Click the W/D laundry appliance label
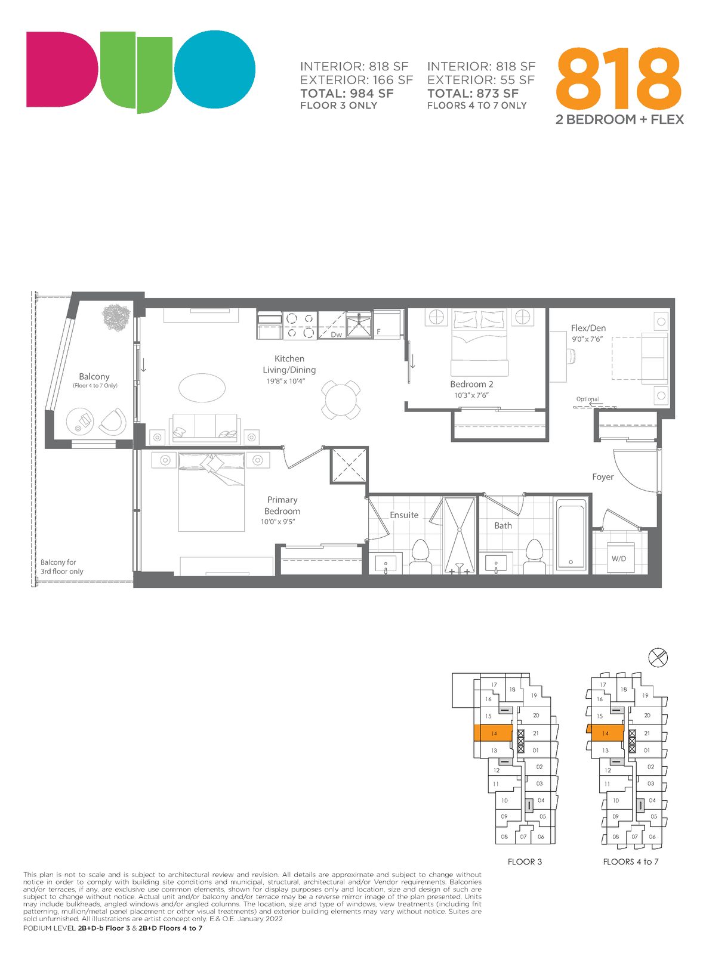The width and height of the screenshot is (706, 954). coord(619,558)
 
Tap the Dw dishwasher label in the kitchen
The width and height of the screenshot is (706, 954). coord(336,334)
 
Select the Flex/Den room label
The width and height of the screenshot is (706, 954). coord(588,328)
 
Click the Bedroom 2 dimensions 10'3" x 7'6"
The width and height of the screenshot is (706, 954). coord(471,395)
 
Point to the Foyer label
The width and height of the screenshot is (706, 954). coord(603,476)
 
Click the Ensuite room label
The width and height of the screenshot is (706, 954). coord(404,515)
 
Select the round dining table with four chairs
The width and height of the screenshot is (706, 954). coord(341,399)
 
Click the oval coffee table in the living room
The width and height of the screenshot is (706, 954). coord(202,388)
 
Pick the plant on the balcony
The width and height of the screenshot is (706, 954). coord(116,317)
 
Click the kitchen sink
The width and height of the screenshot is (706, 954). coord(359,325)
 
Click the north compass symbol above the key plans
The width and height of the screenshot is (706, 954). coord(658,658)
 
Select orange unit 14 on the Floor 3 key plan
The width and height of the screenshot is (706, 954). coord(494,733)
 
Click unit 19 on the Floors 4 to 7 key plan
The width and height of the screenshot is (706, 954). coord(645,695)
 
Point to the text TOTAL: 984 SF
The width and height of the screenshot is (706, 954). coord(347,94)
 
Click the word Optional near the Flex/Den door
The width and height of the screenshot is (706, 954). coord(587,399)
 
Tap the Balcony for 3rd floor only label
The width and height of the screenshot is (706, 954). coord(62,566)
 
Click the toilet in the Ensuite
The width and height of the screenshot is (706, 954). coord(421,556)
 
